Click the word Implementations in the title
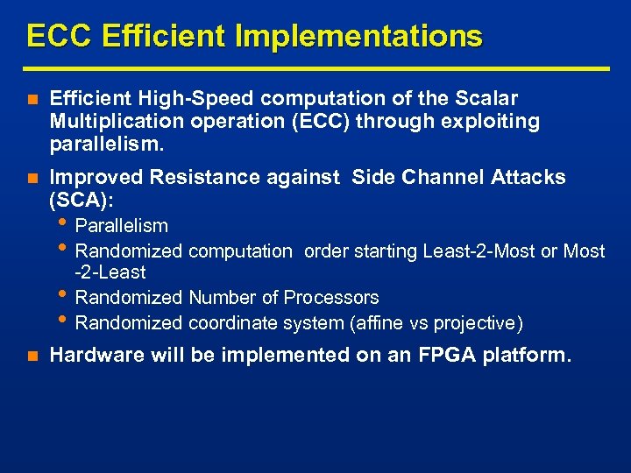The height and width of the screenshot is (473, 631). tap(379, 36)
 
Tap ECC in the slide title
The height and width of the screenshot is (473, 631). tap(60, 36)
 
